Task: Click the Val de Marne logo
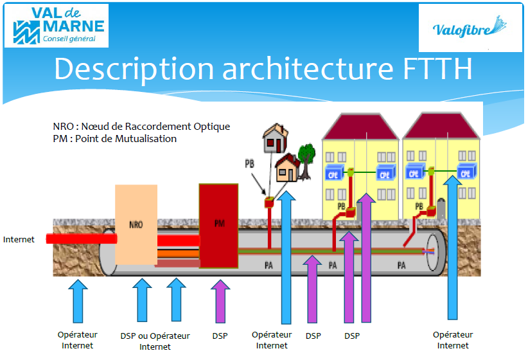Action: [57, 26]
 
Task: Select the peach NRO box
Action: [136, 225]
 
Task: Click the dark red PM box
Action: [218, 225]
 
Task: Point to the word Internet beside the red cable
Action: [19, 240]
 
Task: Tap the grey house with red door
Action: [275, 138]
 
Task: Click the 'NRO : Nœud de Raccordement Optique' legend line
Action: [141, 127]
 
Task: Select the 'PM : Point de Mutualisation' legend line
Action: [115, 138]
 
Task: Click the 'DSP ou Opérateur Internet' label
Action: [155, 341]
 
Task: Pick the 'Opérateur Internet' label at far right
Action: [453, 340]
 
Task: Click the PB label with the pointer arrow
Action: [249, 164]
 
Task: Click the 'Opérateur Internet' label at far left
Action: [77, 340]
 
